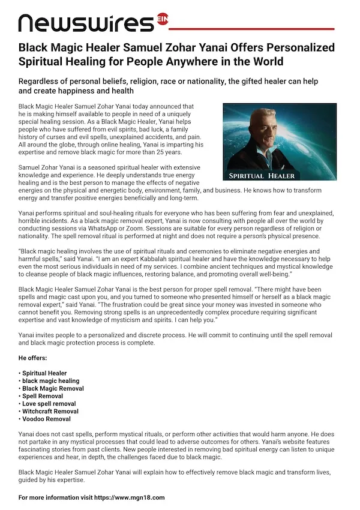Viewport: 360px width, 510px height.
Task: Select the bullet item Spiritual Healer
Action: point(45,373)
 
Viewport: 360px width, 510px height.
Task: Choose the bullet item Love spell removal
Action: point(49,404)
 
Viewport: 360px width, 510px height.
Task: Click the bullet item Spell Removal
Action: point(44,397)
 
